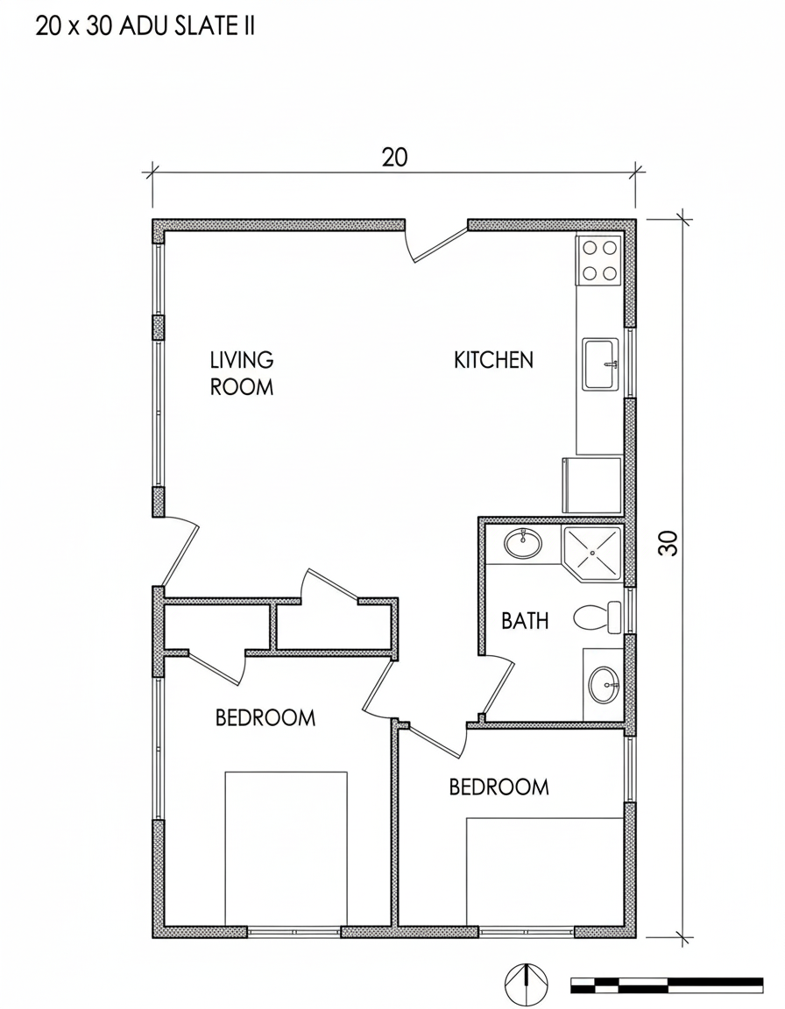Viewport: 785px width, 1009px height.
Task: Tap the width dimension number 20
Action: [394, 157]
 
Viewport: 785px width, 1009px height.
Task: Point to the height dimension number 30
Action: [668, 542]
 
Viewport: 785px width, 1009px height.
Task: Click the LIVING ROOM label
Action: [242, 373]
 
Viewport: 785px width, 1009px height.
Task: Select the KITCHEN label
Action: [493, 360]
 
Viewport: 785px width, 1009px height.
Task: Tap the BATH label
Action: [525, 621]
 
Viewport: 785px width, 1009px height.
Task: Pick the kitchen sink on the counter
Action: [600, 364]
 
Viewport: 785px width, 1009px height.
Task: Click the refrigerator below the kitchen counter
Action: [592, 485]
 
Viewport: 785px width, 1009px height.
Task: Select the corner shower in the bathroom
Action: [592, 554]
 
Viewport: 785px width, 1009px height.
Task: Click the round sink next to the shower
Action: [522, 545]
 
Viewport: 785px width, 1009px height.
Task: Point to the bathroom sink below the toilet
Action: [605, 685]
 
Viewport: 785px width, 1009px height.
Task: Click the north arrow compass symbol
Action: [527, 984]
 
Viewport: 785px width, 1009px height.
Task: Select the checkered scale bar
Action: [667, 984]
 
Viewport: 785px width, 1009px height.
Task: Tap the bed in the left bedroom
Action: [286, 849]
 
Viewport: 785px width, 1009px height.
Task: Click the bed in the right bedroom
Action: [545, 872]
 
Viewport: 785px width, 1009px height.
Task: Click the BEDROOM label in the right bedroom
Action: [499, 787]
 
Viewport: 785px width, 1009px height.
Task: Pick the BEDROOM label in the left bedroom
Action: [265, 717]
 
